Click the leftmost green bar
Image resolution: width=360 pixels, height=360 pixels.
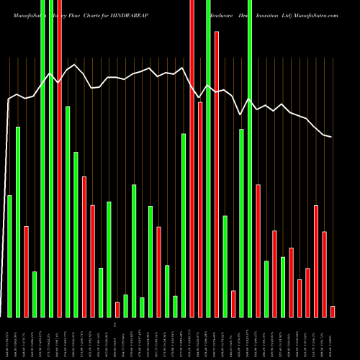coord(9,256)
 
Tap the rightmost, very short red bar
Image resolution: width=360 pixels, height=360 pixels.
coord(333,311)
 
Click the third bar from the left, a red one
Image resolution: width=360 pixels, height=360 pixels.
coord(26,271)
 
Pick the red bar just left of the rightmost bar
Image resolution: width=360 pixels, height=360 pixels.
coord(324,274)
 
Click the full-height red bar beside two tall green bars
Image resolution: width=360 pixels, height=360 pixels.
coord(59,144)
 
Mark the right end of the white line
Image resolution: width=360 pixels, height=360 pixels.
coord(331,137)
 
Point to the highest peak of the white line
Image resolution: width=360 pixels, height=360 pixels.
coord(76,65)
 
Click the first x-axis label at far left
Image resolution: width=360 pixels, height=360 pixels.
coord(9,338)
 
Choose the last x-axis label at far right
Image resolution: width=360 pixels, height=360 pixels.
coord(333,338)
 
